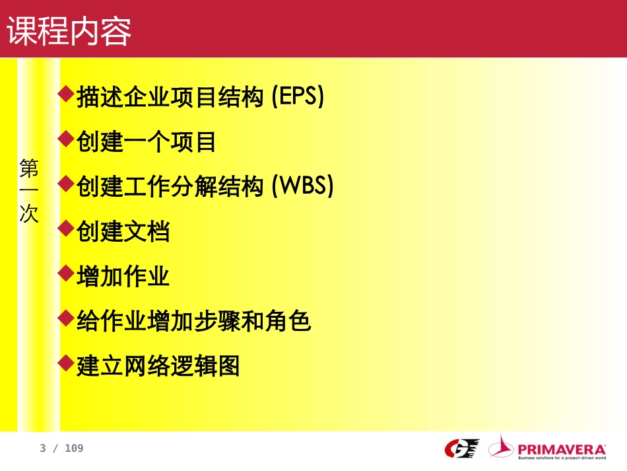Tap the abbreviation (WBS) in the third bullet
303,187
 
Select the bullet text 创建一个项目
147,142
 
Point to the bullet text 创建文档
123,232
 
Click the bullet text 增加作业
123,277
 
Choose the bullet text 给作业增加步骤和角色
193,322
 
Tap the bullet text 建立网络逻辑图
158,366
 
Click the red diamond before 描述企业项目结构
65,94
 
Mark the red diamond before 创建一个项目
65,139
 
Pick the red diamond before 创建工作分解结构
65,184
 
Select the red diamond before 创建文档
65,229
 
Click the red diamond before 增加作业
65,273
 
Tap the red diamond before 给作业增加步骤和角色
65,318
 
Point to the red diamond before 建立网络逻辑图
65,362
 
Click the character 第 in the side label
29,168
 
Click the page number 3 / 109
61,449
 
